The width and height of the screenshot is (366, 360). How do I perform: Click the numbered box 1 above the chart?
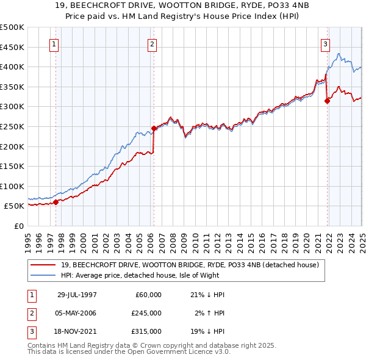pos(54,44)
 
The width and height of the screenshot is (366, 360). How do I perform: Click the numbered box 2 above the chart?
pos(151,44)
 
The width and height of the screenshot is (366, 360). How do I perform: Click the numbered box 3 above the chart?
pos(326,44)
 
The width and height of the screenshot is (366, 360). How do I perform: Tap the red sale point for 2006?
pos(154,128)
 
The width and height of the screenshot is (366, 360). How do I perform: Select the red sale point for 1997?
pos(56,202)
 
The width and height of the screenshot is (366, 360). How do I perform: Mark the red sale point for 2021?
pos(328,101)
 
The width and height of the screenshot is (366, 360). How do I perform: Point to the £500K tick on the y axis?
pos(12,27)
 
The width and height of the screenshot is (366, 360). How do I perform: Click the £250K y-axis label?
pos(12,126)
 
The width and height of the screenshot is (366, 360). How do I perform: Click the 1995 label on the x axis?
pos(29,237)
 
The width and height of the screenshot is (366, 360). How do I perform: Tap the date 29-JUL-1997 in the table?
pos(77,295)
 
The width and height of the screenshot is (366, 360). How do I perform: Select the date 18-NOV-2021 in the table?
pos(77,331)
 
